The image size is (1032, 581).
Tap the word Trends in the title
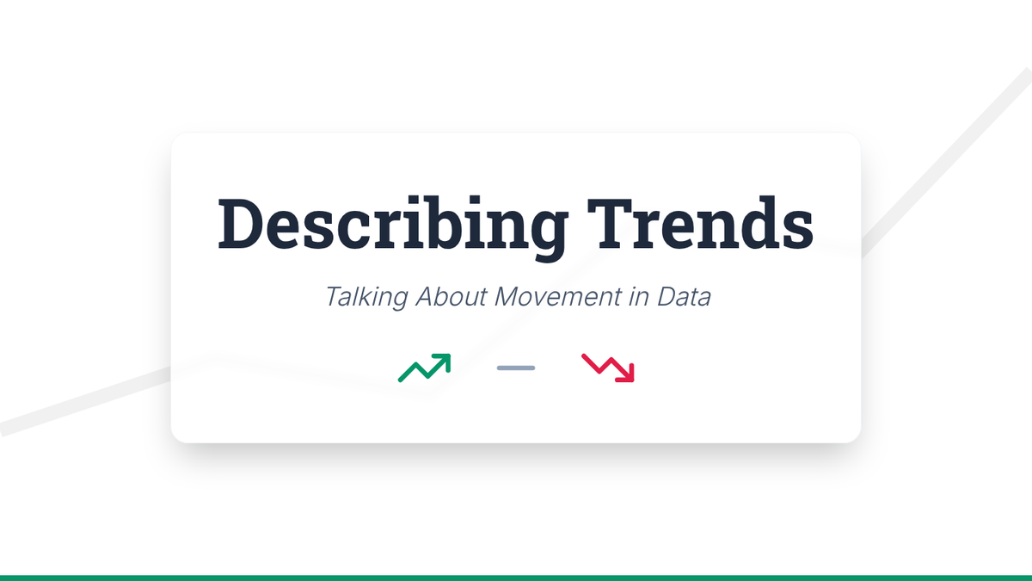click(700, 223)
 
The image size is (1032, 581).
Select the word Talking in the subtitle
click(366, 297)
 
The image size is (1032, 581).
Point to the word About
click(451, 296)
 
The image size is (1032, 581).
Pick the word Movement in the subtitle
click(557, 296)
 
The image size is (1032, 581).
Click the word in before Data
click(639, 296)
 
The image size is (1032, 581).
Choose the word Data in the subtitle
click(684, 296)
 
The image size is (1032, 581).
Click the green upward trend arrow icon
click(424, 368)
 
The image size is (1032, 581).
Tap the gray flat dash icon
click(516, 368)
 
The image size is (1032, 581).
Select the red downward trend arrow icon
click(608, 368)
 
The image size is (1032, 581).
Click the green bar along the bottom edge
click(516, 578)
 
